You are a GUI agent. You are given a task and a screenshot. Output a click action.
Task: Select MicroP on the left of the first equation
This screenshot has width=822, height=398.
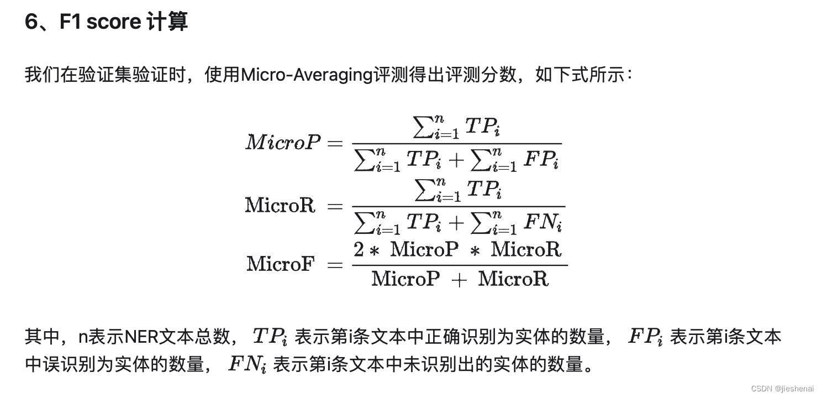click(283, 142)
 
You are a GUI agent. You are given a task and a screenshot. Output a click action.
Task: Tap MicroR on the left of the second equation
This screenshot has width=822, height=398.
click(281, 205)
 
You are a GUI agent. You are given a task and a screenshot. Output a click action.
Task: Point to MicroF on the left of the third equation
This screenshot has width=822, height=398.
click(281, 264)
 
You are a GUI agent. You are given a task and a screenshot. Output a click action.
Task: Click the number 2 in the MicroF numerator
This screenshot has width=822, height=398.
click(359, 250)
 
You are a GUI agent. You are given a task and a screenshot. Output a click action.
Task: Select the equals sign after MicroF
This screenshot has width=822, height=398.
click(335, 264)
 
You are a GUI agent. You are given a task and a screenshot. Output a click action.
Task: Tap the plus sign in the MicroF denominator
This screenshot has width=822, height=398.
click(459, 279)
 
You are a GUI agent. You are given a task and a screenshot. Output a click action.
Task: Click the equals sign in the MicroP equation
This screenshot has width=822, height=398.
click(335, 143)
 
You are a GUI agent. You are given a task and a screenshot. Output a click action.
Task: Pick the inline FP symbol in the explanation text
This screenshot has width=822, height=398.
click(645, 336)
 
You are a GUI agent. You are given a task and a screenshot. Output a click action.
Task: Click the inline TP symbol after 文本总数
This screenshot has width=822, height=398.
click(269, 336)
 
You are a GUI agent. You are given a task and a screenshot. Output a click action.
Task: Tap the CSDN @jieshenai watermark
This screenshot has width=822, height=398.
click(782, 389)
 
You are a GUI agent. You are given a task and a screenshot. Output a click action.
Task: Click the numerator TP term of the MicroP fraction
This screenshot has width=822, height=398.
click(483, 127)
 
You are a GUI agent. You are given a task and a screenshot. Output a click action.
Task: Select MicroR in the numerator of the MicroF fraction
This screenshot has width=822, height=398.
click(526, 250)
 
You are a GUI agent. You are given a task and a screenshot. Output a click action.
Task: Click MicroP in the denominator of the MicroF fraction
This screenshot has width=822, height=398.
click(405, 279)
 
